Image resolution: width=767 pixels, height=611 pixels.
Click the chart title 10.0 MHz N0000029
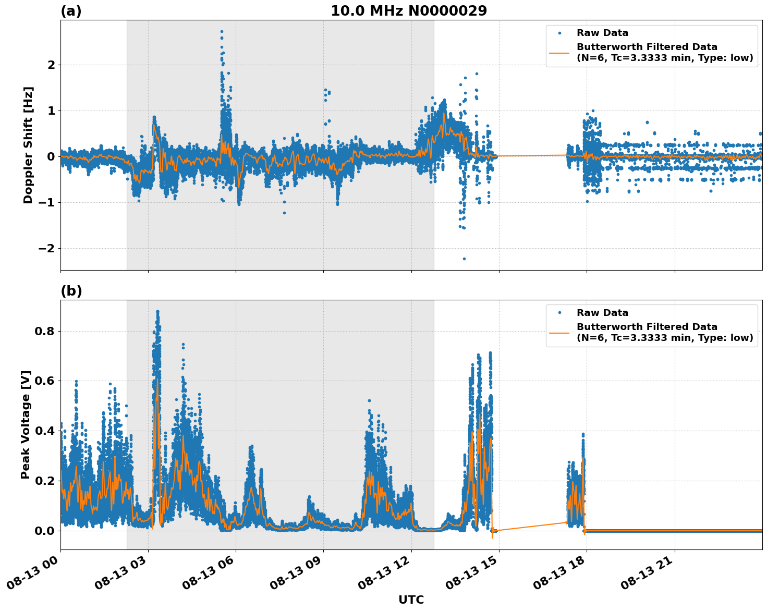(x=409, y=11)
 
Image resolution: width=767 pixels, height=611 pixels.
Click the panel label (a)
(x=71, y=11)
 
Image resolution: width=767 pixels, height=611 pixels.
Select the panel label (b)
(x=71, y=291)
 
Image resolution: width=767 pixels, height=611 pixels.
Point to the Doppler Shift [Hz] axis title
(x=28, y=145)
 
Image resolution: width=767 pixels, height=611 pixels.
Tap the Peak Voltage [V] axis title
(x=26, y=424)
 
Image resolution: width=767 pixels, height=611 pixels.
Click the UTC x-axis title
(x=411, y=600)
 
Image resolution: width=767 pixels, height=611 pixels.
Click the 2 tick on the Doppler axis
(x=52, y=65)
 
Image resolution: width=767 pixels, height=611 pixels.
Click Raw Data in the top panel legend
(x=602, y=33)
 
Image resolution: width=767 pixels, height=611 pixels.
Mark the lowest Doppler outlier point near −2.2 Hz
(x=464, y=259)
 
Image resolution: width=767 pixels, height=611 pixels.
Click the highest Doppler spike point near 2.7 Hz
(x=222, y=32)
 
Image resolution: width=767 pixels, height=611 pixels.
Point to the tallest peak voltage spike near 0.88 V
(x=157, y=312)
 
